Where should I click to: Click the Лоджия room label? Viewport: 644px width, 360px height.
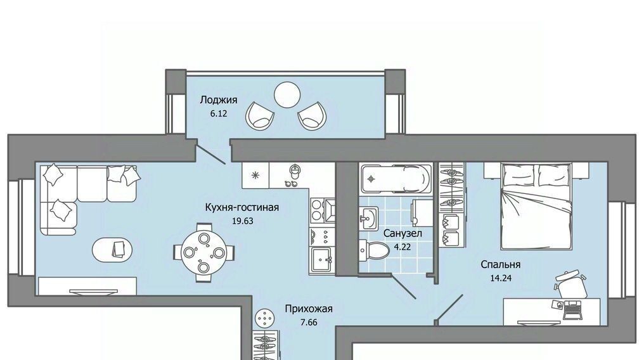click(219, 100)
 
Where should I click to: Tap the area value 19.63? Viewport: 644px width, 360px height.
click(242, 221)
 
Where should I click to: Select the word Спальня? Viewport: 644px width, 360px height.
click(501, 265)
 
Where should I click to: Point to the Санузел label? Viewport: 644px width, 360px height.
click(402, 234)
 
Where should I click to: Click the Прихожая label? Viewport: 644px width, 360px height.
click(309, 309)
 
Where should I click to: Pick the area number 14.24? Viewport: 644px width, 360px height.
click(501, 278)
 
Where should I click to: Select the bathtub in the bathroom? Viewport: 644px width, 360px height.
click(396, 178)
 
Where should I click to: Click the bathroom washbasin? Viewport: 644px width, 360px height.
click(368, 217)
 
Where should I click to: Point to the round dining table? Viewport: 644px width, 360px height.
click(203, 252)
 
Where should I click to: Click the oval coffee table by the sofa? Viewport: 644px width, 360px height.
click(112, 249)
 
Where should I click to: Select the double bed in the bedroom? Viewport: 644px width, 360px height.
click(536, 205)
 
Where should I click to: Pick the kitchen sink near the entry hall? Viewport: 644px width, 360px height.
click(321, 260)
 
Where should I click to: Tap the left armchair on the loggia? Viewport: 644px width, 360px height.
click(260, 115)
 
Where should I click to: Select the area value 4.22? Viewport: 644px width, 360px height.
click(402, 247)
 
